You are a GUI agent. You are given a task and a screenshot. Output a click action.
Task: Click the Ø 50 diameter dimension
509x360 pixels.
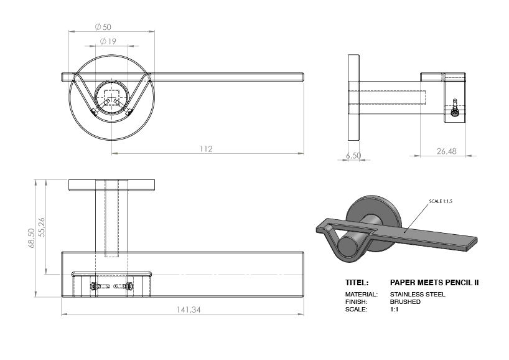coord(103,27)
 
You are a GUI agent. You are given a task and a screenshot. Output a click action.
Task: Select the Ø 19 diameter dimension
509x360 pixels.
coord(108,42)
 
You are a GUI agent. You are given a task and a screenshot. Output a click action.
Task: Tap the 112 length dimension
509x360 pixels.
coord(207,149)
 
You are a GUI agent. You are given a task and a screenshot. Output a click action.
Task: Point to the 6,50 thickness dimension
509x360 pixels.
coord(353,156)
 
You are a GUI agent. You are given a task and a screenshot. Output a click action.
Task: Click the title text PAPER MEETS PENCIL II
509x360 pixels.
coord(434,282)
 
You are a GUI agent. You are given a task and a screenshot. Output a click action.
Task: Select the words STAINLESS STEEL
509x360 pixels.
coord(418,294)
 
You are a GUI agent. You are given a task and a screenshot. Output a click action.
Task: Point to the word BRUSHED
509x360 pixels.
coord(405,301)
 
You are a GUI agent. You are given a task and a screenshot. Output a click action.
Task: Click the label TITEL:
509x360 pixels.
coord(357,282)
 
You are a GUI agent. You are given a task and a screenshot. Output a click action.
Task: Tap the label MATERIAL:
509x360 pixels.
coord(361,294)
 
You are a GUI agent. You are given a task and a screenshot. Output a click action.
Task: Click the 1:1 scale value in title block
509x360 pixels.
coord(394,309)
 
